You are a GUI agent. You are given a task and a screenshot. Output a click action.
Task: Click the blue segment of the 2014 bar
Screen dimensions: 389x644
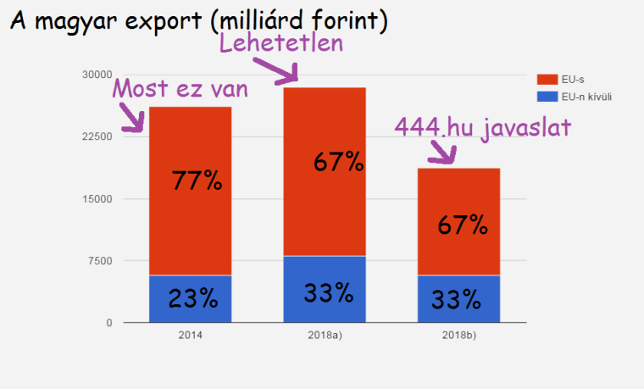coord(190,298)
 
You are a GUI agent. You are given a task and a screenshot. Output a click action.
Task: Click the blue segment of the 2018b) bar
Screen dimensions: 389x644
coord(458,299)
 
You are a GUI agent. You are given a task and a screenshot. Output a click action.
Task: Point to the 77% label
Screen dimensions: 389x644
coord(197,181)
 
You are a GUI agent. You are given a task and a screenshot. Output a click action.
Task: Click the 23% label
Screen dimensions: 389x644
coord(192,298)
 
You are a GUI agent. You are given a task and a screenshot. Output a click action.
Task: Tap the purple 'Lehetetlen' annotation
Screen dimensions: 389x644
coord(281,43)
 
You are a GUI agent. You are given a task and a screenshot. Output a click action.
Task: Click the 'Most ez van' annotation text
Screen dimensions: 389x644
coord(180,88)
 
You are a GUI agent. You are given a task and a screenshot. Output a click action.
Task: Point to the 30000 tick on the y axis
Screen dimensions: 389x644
coord(97,75)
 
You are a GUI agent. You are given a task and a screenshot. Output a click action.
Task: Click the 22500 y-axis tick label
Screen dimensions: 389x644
coord(97,136)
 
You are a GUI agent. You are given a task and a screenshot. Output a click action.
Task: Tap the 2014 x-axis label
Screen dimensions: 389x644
coord(190,336)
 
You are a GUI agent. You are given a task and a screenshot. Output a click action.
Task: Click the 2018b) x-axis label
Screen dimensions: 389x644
coord(458,336)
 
